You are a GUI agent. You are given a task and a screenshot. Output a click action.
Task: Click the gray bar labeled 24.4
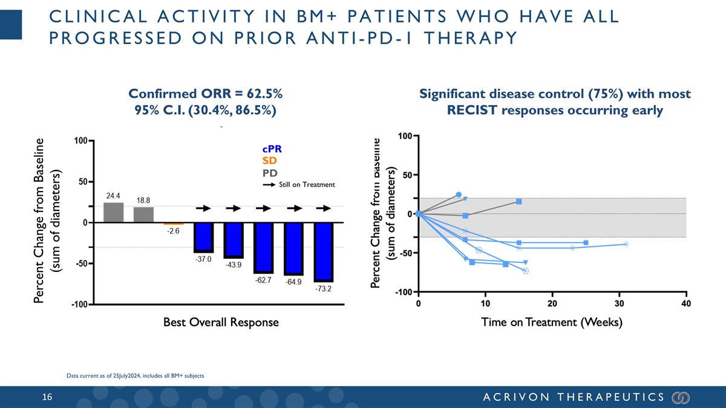point(113,212)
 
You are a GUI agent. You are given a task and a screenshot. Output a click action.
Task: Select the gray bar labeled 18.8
point(143,215)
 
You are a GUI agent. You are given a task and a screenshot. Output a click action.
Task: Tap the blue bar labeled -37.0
point(203,237)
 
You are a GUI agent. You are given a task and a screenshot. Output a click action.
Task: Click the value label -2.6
point(173,232)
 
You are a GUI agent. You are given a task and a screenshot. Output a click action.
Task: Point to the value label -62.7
point(263,280)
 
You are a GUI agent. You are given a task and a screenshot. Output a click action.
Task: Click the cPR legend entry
point(272,149)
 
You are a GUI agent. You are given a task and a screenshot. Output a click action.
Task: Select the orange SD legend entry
point(269,161)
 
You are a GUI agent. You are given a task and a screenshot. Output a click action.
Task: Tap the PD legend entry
point(270,174)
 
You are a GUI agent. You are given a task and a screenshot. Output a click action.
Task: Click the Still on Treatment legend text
point(306,184)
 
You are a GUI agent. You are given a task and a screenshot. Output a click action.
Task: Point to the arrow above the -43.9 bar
point(234,209)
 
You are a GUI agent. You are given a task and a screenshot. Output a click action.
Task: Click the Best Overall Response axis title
point(221,322)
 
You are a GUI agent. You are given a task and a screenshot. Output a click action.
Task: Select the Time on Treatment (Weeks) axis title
point(552,322)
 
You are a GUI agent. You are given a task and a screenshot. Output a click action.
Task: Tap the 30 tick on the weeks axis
point(619,303)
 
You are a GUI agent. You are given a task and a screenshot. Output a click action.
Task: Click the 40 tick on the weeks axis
point(685,303)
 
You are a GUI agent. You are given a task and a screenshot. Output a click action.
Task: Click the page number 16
point(47,397)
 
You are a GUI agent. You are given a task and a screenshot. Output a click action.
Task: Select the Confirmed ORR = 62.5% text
point(206,94)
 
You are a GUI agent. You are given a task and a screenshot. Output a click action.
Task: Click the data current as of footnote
point(135,376)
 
